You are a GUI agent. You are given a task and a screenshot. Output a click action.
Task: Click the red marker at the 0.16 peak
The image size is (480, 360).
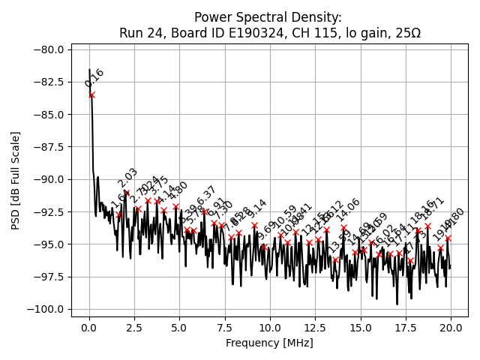click(x=91, y=94)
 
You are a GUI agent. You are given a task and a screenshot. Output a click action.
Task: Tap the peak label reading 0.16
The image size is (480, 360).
click(x=94, y=78)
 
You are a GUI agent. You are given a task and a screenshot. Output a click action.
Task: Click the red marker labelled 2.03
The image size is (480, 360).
click(x=126, y=193)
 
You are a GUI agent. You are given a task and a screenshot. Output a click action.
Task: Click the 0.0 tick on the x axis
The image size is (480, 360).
click(x=89, y=328)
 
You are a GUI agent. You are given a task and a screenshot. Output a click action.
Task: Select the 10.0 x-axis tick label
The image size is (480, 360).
click(x=270, y=328)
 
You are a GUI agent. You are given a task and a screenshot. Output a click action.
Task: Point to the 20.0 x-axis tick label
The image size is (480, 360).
click(x=451, y=328)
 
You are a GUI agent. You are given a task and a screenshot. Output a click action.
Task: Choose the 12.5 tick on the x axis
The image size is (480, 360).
click(x=315, y=328)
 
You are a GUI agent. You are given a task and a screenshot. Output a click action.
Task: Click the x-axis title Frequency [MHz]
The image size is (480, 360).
click(x=270, y=343)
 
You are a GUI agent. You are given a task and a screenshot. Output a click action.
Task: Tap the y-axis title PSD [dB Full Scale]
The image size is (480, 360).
click(x=15, y=180)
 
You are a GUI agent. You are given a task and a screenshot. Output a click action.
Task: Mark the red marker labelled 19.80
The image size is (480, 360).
click(x=448, y=238)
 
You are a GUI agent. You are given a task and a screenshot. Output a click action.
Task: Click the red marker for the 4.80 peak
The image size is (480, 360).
click(x=175, y=206)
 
